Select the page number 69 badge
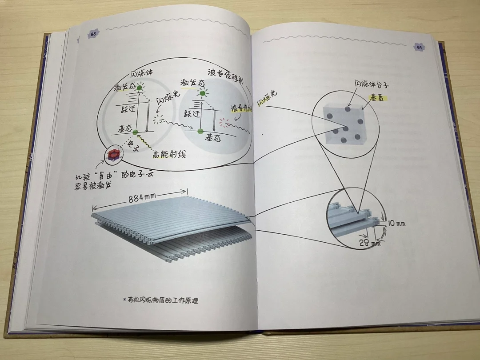[x=418, y=47]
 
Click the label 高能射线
[x=169, y=155]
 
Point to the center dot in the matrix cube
[x=345, y=128]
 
